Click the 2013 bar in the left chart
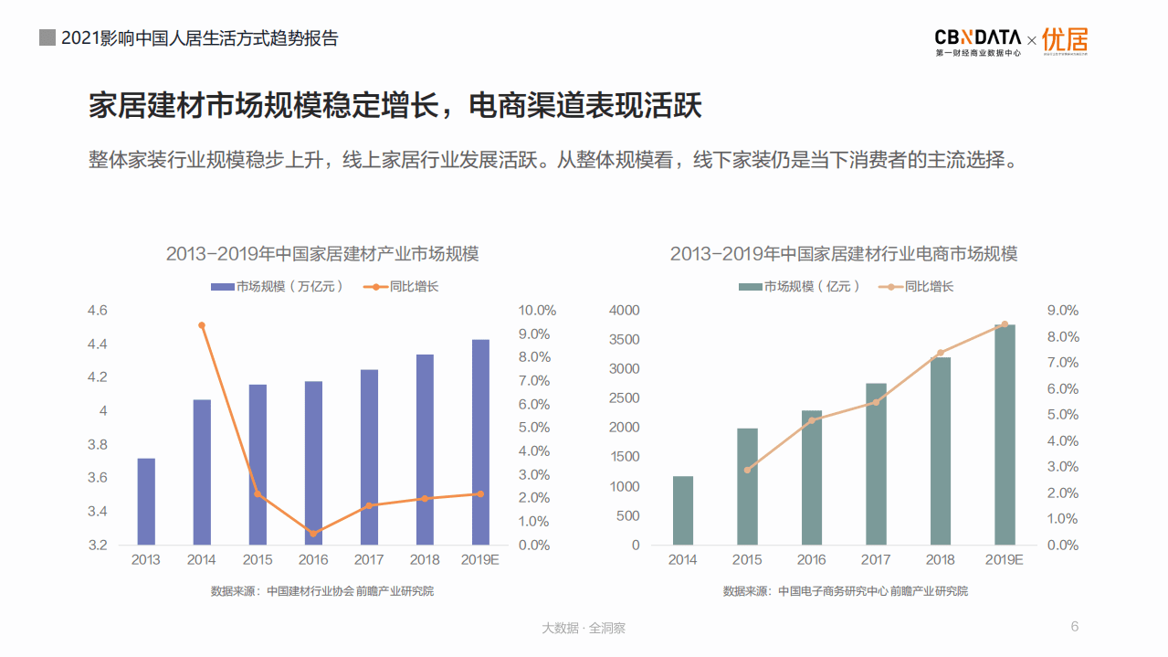(146, 502)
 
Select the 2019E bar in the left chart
(480, 442)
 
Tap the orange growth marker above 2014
(202, 325)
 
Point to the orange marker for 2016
(313, 534)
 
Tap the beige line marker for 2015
(747, 470)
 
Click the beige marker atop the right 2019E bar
(1005, 324)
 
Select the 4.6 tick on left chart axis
(97, 311)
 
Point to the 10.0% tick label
(537, 311)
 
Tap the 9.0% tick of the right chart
(1062, 311)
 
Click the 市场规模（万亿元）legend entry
(279, 286)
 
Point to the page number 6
(1075, 626)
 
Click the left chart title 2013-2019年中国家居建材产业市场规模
(322, 254)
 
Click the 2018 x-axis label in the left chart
(425, 560)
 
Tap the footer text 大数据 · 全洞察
(584, 628)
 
